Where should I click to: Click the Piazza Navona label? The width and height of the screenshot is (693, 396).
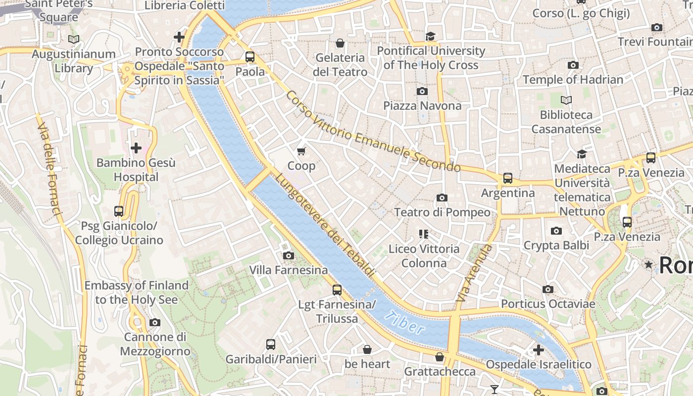click(422, 105)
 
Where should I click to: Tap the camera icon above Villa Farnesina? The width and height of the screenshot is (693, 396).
click(288, 255)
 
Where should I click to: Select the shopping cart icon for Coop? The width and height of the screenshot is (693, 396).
click(301, 150)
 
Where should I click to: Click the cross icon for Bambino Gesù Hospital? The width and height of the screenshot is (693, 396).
click(136, 148)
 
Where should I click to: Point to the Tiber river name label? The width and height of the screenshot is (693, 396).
click(404, 322)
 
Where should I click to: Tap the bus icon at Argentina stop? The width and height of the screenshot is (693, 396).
click(507, 178)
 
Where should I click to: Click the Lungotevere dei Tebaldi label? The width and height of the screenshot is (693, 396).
click(325, 224)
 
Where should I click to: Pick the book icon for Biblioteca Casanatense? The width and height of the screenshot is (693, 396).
click(566, 100)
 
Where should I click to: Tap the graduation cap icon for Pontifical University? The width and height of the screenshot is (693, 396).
click(430, 36)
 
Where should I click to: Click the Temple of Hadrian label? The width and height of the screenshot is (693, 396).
click(573, 79)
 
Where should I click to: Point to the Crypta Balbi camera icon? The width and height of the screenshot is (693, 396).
click(556, 231)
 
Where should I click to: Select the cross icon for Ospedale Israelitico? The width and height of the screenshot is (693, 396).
click(538, 350)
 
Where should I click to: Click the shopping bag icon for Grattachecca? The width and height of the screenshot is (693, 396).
click(440, 357)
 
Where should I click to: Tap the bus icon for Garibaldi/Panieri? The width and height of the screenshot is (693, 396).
click(270, 345)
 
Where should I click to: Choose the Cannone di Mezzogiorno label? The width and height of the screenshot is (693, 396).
click(155, 344)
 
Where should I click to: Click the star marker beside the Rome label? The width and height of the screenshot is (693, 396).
click(648, 265)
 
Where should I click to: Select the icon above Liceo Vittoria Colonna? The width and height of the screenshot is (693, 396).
click(423, 234)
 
